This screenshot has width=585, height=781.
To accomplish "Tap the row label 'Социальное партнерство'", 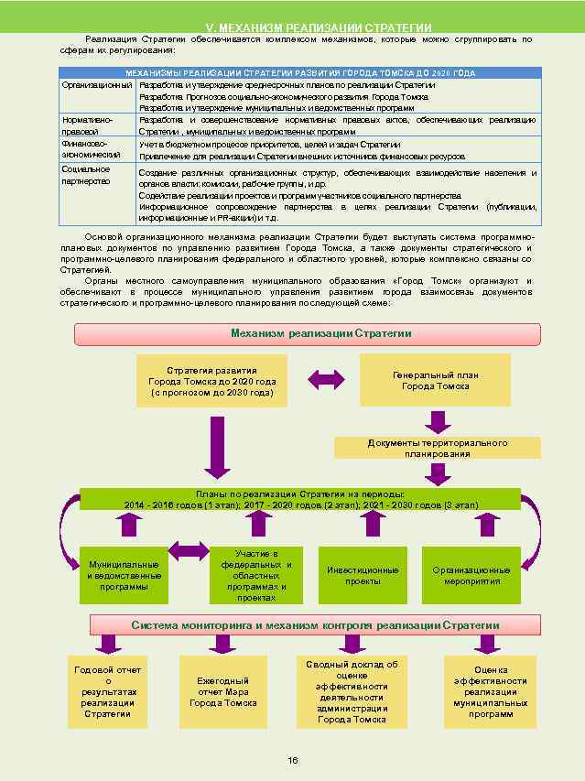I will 86,175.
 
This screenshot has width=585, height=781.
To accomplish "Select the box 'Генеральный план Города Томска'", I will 435,380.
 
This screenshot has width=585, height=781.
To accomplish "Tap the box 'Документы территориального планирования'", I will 438,449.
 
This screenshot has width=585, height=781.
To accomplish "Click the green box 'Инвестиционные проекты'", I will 363,576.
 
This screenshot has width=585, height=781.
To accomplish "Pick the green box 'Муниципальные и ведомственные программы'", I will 124,576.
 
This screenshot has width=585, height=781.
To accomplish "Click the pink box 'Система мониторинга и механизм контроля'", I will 315,625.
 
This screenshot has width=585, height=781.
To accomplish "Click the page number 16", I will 293,760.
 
